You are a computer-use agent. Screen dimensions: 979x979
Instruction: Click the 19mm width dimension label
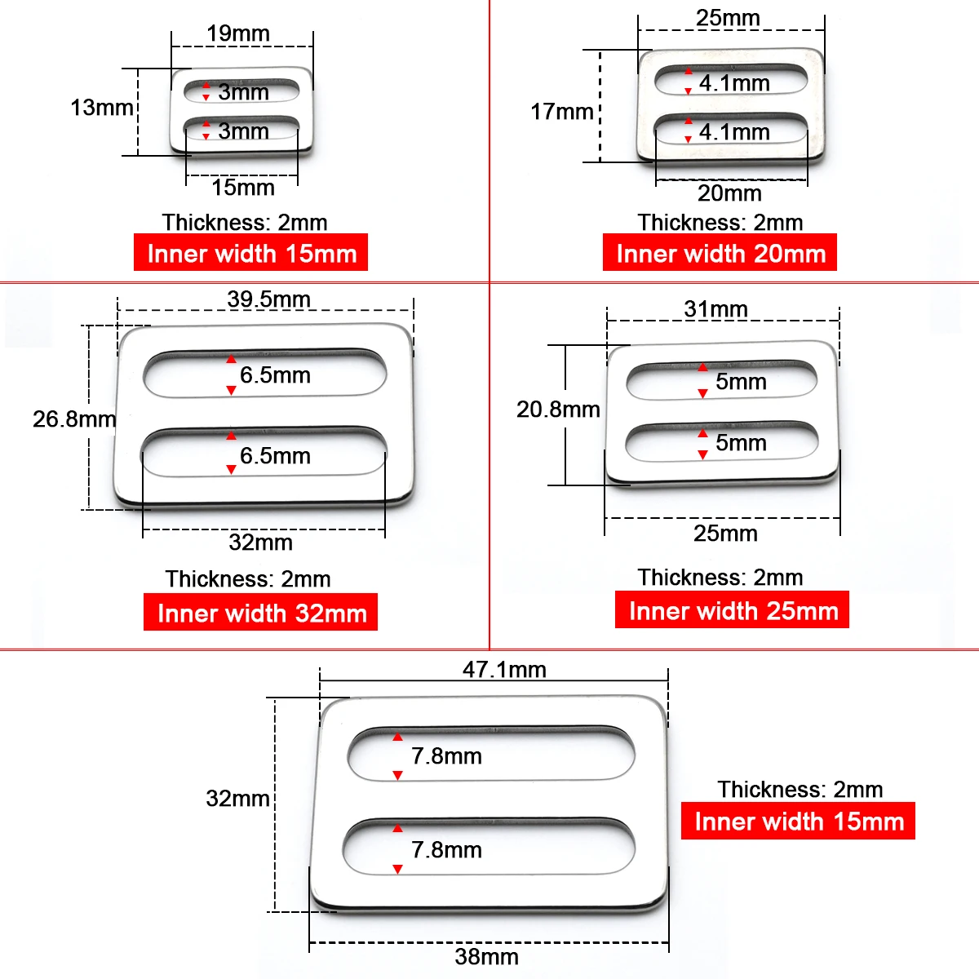coord(237,33)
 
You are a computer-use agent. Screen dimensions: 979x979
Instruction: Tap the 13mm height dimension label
coord(102,108)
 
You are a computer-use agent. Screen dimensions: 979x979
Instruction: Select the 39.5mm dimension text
coord(268,299)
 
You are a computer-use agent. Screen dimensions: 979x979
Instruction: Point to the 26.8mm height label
coord(74,419)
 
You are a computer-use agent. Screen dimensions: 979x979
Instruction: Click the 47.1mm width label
coord(504,670)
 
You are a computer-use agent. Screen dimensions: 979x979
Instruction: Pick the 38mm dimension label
coord(487,957)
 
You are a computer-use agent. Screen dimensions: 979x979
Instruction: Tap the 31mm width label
coord(715,309)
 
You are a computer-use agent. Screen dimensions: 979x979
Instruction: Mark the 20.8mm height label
coord(558,410)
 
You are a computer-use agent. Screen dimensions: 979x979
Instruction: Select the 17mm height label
coord(562,112)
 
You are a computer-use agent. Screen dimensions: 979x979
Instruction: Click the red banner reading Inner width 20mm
coord(720,252)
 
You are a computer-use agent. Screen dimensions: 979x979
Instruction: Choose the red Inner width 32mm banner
coord(260,612)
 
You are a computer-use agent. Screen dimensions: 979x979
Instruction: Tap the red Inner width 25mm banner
coord(732,609)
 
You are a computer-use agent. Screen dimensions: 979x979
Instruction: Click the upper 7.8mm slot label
coord(446,756)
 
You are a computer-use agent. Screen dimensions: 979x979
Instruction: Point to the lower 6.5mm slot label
coord(276,456)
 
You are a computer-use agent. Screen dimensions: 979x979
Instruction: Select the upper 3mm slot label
coord(243,92)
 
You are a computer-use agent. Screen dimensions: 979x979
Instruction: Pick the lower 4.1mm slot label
coord(734,132)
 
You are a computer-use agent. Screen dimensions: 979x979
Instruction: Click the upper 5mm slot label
coord(742,382)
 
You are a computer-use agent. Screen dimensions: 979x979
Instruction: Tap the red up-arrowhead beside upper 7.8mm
coord(398,738)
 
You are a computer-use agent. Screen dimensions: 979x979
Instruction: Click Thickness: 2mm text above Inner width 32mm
coord(248,579)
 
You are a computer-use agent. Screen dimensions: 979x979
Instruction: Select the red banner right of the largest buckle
coord(798,821)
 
